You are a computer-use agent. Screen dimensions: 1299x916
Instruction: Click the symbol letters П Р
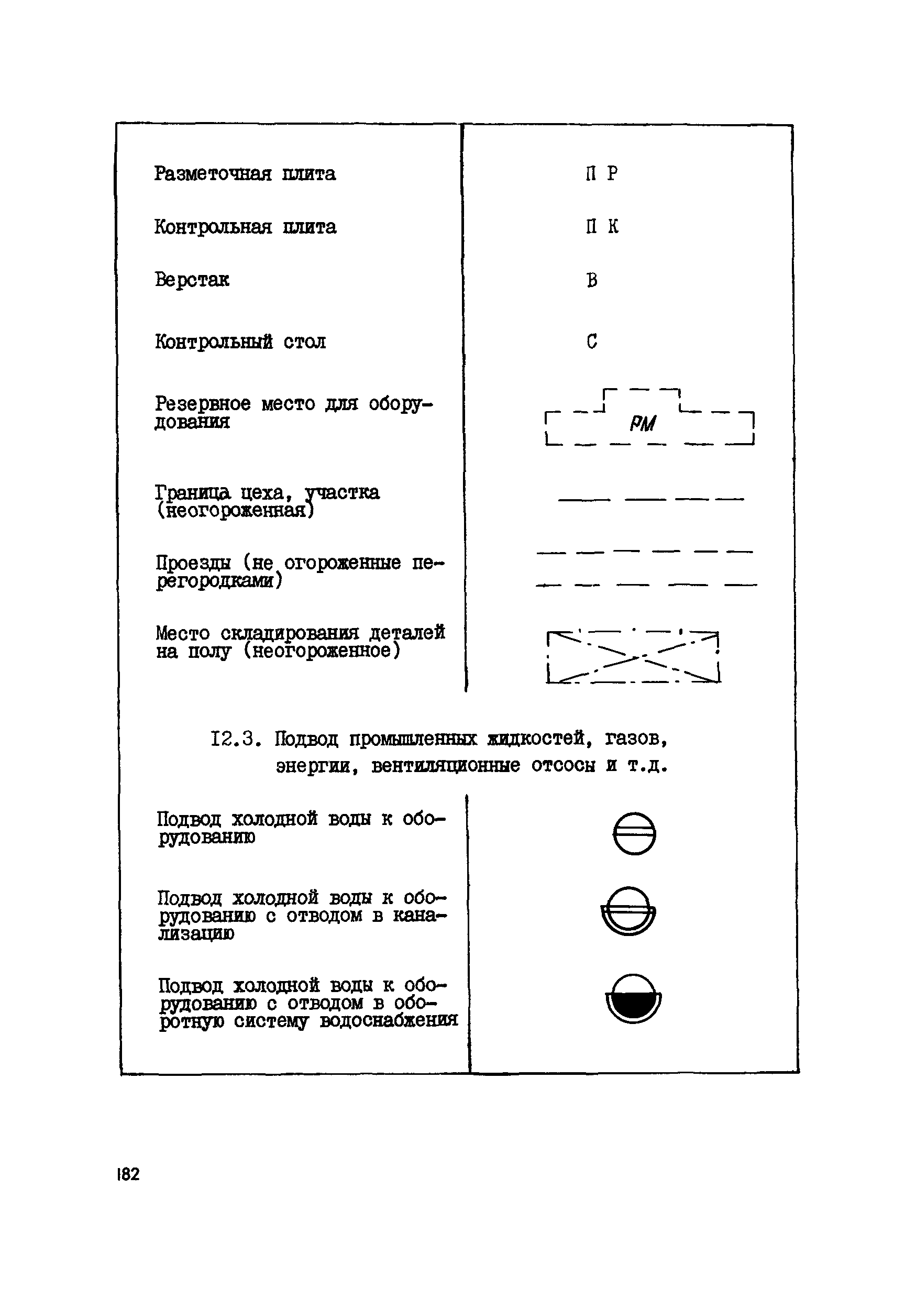[x=601, y=173]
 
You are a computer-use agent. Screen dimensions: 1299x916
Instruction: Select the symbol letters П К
[x=602, y=227]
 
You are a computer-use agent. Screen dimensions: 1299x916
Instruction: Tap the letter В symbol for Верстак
[x=592, y=280]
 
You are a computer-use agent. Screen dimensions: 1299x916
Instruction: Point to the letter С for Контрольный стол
[x=592, y=341]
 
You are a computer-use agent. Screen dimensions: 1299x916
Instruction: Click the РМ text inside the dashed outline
[x=643, y=424]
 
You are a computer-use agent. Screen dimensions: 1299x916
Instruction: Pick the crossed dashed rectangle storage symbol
[x=634, y=656]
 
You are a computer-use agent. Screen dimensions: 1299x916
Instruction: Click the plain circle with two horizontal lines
[x=634, y=833]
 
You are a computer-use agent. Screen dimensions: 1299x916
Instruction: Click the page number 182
[x=128, y=1174]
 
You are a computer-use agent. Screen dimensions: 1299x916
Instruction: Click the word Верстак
[x=192, y=280]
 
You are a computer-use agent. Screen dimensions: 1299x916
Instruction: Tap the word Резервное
[x=203, y=404]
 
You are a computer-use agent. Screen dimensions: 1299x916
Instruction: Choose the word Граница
[x=192, y=492]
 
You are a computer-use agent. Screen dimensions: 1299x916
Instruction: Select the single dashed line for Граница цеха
[x=650, y=500]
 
